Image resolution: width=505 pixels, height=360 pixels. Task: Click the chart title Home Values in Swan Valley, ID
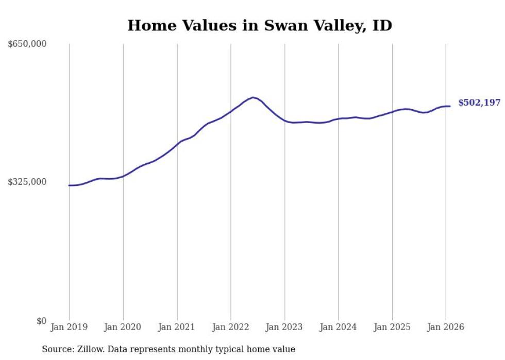[260, 25]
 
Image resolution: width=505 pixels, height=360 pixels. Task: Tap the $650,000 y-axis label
[27, 44]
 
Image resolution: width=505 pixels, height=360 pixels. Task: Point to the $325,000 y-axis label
[27, 182]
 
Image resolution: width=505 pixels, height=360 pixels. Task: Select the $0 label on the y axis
[41, 321]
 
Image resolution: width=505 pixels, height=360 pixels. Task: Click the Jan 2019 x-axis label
[69, 327]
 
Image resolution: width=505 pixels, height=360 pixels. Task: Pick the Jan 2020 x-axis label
[123, 327]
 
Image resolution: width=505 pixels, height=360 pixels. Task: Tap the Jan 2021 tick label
[177, 327]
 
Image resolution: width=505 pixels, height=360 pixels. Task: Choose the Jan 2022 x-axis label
[231, 327]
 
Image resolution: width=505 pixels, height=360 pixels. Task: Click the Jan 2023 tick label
[284, 327]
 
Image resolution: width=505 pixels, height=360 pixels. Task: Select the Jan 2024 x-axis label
[338, 327]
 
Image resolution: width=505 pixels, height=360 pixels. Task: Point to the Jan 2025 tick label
[392, 327]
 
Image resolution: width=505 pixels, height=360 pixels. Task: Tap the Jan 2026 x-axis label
[446, 327]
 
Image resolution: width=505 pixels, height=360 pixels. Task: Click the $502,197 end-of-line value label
[479, 103]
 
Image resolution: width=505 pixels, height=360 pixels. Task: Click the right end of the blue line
[450, 106]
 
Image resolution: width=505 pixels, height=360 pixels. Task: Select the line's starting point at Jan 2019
[69, 185]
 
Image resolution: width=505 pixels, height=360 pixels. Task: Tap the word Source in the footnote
[57, 349]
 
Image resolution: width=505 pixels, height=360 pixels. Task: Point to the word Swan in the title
[282, 25]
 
